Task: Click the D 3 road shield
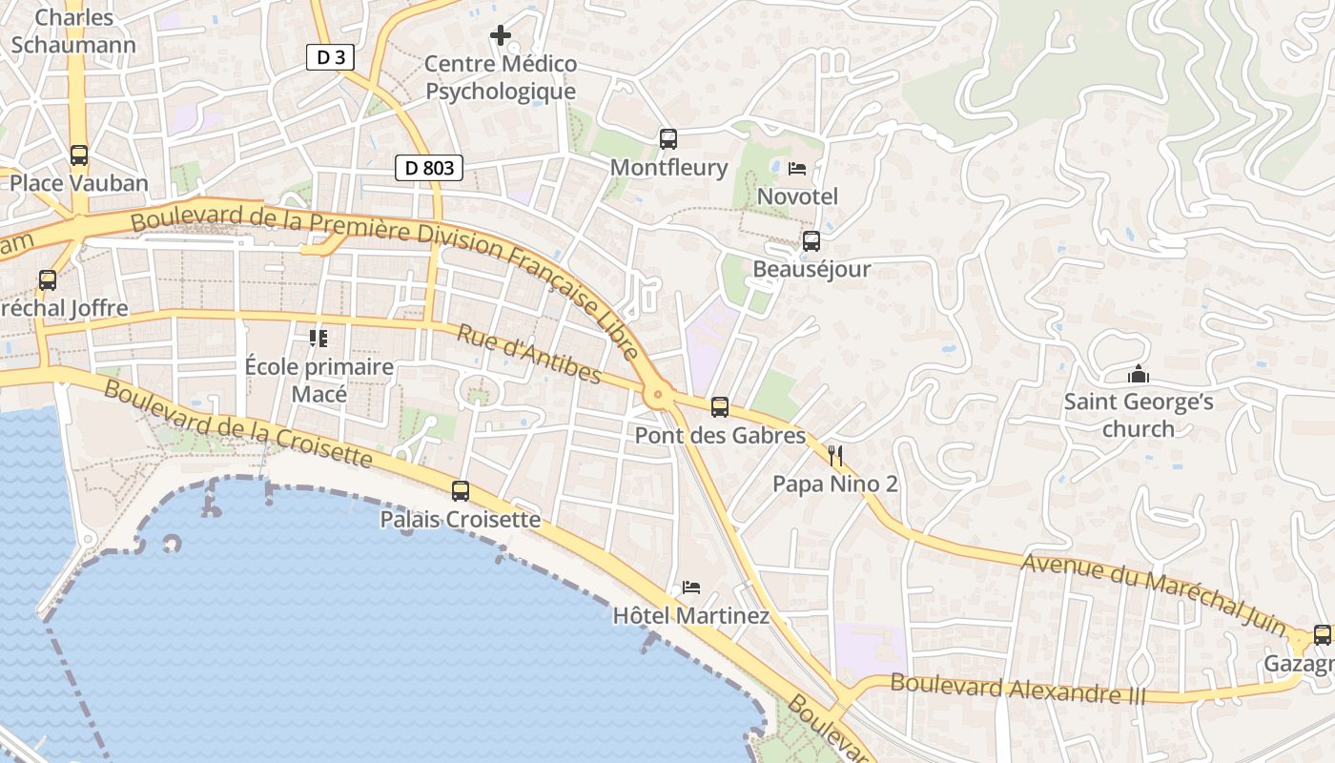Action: tap(331, 57)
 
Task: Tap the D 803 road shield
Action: tap(429, 168)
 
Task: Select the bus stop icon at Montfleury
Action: tap(668, 139)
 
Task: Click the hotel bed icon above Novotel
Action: tap(797, 169)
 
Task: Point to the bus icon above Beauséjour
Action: tap(811, 241)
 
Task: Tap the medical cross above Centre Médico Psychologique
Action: tap(501, 36)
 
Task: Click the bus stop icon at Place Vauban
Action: tap(79, 155)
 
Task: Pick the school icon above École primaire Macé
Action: tap(318, 339)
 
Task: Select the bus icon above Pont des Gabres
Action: tap(720, 407)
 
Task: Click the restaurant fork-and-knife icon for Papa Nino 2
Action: tap(835, 456)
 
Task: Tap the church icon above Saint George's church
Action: tap(1138, 374)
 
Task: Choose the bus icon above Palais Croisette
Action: tap(461, 491)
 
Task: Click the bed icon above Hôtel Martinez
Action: tap(691, 588)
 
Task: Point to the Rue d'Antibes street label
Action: tap(528, 354)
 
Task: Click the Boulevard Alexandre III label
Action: tap(1017, 688)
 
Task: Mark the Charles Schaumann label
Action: tap(73, 31)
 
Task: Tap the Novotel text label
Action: tap(797, 196)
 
